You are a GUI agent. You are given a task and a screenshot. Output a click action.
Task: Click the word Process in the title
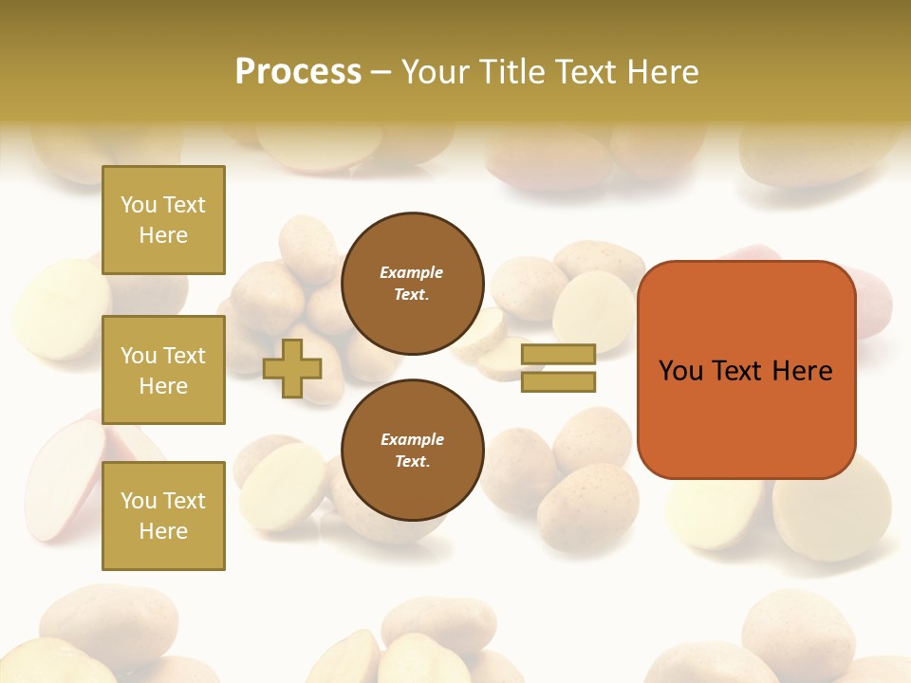pos(298,71)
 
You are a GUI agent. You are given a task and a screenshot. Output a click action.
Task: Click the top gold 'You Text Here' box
pos(163,220)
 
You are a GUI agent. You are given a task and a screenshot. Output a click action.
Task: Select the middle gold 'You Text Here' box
pos(163,370)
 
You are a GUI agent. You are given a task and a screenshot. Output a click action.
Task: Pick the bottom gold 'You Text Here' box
pos(163,516)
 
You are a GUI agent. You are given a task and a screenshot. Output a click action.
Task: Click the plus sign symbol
pos(292,368)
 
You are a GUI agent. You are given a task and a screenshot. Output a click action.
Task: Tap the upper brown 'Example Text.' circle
pos(413,284)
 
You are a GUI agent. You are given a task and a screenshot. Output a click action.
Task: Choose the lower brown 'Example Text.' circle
pos(413,450)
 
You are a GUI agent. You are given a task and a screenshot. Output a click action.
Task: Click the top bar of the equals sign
pos(558,354)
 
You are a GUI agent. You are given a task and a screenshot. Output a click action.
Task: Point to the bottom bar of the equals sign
pos(558,382)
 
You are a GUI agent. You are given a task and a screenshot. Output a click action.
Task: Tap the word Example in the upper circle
pos(412,272)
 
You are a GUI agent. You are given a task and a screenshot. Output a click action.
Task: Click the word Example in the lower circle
pos(412,439)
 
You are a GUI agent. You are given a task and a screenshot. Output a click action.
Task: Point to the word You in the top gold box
pos(139,205)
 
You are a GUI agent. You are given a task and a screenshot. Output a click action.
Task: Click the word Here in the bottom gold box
pos(163,531)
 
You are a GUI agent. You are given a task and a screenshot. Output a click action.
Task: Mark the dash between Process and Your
pos(381,72)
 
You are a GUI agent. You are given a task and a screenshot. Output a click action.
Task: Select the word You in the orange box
pos(680,371)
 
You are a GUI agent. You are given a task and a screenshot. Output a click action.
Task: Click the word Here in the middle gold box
pos(163,386)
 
